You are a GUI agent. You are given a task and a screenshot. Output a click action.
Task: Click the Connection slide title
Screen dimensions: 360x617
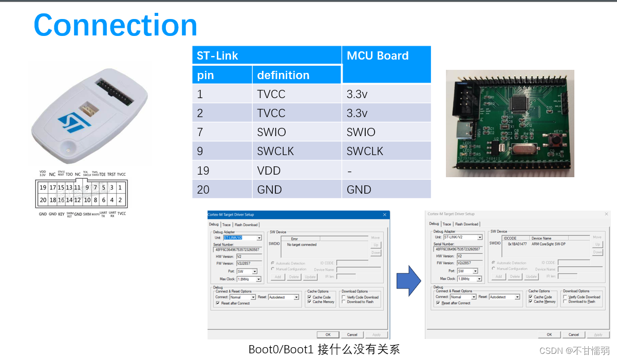[116, 25]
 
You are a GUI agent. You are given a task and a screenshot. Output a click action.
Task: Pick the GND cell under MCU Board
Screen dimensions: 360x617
[359, 190]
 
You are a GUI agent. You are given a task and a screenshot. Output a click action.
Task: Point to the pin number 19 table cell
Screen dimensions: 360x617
[203, 170]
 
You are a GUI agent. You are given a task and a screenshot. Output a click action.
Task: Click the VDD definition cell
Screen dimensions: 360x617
[268, 170]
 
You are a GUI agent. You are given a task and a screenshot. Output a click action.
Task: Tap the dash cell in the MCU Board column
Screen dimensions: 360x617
[349, 170]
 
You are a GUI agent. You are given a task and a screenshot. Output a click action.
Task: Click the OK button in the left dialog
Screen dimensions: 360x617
[328, 334]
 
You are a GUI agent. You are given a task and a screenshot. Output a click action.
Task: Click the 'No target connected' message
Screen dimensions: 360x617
[302, 244]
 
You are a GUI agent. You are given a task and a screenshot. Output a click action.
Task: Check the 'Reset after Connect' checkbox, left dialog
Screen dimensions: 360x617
[218, 304]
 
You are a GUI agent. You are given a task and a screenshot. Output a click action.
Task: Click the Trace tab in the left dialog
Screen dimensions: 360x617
[227, 224]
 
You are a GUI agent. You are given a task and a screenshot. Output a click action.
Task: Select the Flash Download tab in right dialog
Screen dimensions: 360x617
[466, 224]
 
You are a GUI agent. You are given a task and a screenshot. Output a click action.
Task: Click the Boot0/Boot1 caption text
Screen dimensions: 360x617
[324, 350]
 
